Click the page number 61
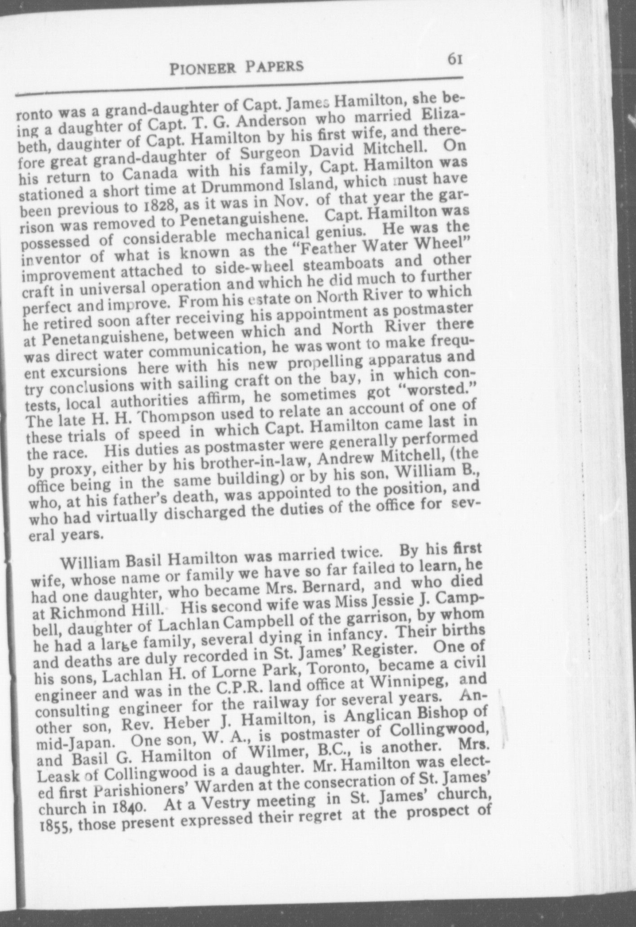click(x=455, y=59)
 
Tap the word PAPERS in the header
click(x=274, y=66)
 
